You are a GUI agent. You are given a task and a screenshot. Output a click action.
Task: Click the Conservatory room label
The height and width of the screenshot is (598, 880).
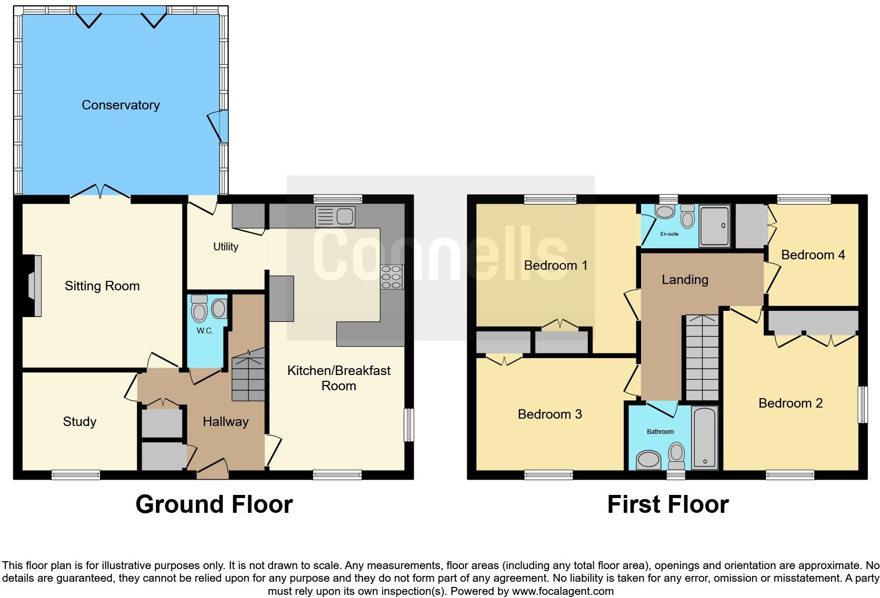[121, 105]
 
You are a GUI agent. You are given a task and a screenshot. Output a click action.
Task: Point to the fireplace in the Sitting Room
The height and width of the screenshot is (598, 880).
[33, 286]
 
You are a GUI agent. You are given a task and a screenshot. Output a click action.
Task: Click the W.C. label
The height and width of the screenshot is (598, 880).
[205, 331]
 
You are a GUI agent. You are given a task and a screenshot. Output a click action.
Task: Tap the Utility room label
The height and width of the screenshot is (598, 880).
[226, 246]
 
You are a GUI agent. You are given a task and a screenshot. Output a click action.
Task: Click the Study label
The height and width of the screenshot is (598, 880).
[79, 421]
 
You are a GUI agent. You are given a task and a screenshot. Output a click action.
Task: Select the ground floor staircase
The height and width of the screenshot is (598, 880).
[248, 376]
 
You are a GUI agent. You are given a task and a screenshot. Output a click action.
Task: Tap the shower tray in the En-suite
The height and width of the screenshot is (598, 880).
[714, 226]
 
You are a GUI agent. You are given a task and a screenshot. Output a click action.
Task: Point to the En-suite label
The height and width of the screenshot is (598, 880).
[669, 234]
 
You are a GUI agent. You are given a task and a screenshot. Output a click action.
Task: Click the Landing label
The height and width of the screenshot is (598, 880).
[685, 279]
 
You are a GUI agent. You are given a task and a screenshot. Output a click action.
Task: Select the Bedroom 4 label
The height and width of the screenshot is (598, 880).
[813, 255]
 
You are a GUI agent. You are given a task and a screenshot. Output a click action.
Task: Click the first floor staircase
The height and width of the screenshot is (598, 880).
[702, 358]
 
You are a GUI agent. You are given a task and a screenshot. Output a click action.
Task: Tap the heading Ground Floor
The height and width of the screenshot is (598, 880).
[214, 504]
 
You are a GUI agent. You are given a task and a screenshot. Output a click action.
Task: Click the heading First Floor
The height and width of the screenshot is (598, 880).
[667, 504]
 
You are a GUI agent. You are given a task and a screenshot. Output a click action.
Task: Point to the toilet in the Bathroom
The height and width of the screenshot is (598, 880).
[676, 455]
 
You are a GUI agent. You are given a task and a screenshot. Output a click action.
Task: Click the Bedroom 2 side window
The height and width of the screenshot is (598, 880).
[863, 404]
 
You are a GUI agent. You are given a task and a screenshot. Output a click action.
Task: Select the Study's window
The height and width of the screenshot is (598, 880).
[76, 475]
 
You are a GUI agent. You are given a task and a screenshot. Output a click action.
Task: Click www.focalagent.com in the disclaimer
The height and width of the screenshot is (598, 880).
[563, 591]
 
